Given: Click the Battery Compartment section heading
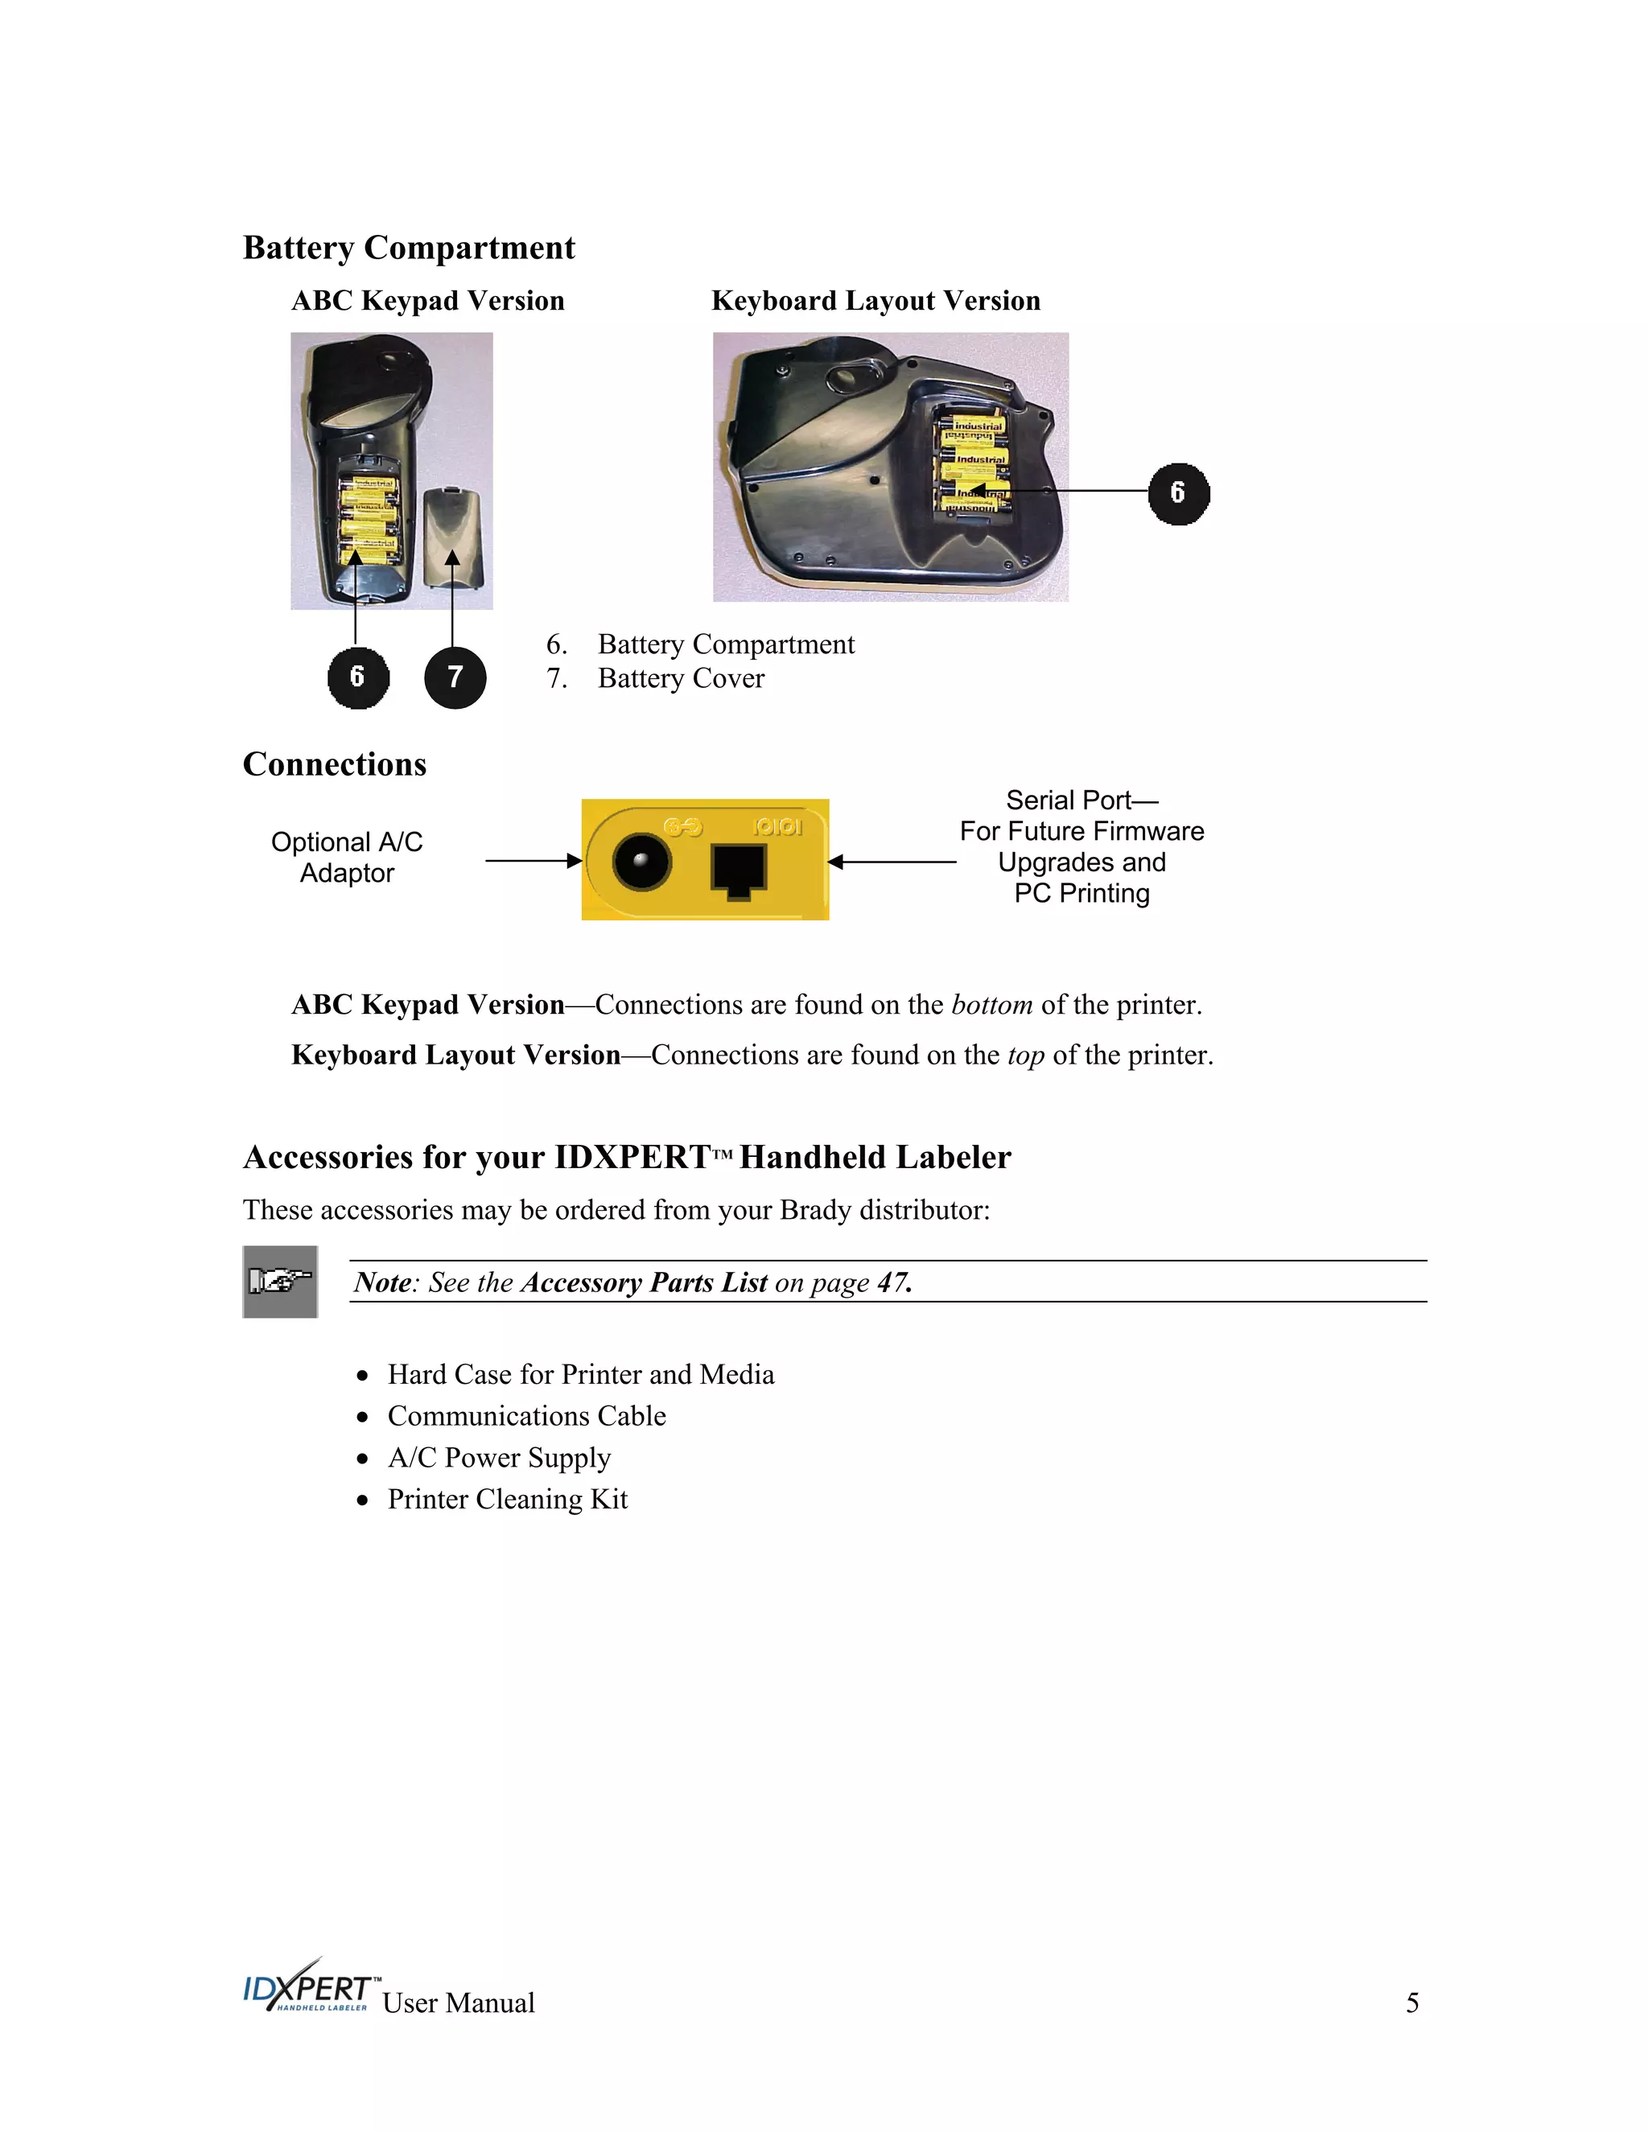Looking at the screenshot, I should tap(408, 248).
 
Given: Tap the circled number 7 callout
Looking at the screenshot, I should tap(455, 677).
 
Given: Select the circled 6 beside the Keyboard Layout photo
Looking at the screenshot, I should tap(1178, 494).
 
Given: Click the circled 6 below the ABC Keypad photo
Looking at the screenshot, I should tap(357, 677).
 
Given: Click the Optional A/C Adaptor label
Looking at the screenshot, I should tap(347, 857).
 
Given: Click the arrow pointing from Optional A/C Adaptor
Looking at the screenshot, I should tap(533, 861).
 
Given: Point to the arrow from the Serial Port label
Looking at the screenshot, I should tap(892, 862).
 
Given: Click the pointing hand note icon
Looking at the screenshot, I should tap(280, 1281).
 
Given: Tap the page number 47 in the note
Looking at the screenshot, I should tap(893, 1282).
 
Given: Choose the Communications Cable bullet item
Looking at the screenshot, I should tap(526, 1417).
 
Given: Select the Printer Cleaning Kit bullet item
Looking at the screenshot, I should tap(507, 1500).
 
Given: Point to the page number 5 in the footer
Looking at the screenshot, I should tap(1411, 2003).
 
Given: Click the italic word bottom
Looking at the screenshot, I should tap(992, 1006).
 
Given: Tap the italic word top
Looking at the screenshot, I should tap(1025, 1056).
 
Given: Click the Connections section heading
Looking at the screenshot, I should tap(334, 764).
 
